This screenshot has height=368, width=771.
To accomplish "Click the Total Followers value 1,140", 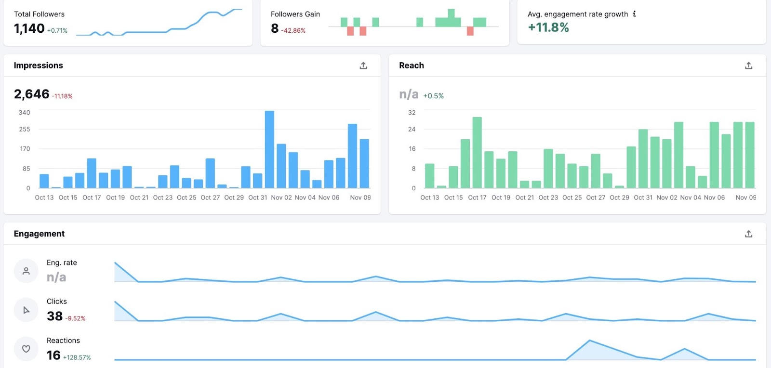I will (x=29, y=28).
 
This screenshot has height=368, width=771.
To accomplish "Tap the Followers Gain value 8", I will (x=275, y=28).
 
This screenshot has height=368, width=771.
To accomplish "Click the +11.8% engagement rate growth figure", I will (x=548, y=27).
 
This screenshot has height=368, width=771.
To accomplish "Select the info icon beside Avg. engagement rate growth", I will (x=634, y=14).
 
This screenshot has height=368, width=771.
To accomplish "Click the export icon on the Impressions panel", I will (x=363, y=66).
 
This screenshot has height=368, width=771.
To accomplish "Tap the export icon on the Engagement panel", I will (x=748, y=234).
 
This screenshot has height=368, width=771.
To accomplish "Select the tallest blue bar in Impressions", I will (x=269, y=149).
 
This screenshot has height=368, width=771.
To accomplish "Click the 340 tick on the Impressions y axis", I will (x=24, y=113).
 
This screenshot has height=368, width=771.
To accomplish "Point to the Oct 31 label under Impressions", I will (x=257, y=197).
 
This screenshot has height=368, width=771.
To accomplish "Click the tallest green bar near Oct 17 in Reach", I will (x=477, y=152).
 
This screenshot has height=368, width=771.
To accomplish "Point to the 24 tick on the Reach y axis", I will (x=412, y=129).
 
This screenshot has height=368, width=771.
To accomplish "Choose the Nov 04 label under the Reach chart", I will (x=691, y=197).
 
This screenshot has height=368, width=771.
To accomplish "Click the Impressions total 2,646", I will (x=31, y=94).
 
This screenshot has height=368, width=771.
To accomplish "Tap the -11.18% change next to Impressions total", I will (x=62, y=96).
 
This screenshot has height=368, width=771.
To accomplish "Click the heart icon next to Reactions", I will (x=26, y=349).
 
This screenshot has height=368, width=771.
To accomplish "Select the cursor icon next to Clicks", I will (x=26, y=310).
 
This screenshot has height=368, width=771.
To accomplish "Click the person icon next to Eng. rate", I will (x=26, y=271).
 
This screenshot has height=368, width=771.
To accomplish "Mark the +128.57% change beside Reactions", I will (x=77, y=357).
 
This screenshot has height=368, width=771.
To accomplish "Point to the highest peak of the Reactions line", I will (x=589, y=341).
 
